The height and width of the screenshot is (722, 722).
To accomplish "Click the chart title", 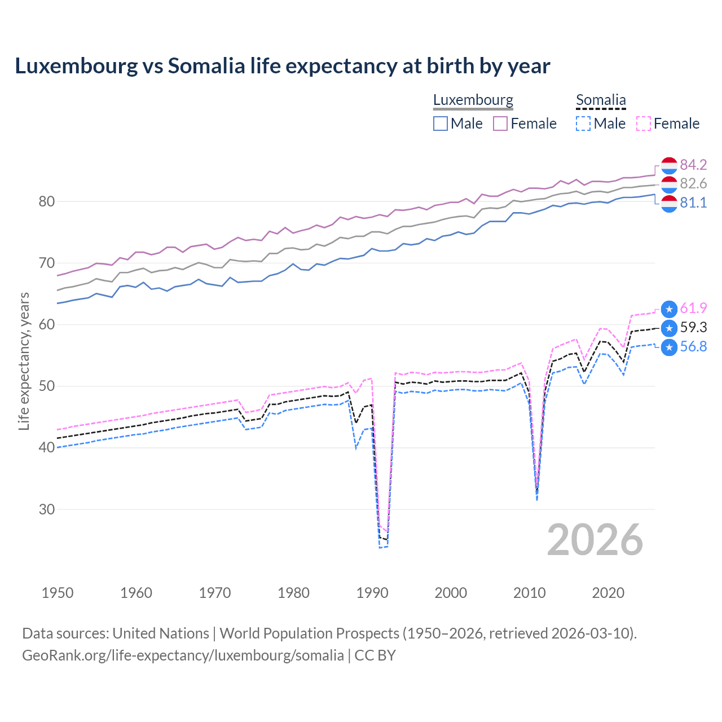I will (282, 66).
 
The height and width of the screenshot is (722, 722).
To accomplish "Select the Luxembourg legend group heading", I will (473, 100).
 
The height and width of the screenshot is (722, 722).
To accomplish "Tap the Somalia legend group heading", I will (601, 100).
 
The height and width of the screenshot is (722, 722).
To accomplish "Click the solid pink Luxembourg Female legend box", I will (500, 124).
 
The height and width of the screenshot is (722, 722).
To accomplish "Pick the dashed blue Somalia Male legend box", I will (583, 124).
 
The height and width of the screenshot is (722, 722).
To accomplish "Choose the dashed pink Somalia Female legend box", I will (644, 124).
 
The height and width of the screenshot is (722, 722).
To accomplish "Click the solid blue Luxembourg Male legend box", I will (441, 124).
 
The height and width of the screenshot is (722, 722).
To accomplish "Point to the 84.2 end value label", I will (693, 165).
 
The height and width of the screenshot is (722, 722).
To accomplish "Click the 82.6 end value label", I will (693, 183).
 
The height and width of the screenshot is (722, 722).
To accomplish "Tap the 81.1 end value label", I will (693, 202).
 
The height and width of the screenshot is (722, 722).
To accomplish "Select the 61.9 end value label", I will (693, 308).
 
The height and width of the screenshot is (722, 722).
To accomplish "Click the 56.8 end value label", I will (693, 346).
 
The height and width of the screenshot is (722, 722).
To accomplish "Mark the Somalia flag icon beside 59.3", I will (669, 328).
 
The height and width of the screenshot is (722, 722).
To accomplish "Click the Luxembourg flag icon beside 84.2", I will (669, 165).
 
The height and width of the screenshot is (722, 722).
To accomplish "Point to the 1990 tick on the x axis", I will (372, 593).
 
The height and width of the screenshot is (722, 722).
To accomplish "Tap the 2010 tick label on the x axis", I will (529, 593).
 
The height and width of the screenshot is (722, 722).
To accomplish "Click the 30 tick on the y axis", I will (46, 509).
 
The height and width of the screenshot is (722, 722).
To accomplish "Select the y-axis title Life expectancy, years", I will (24, 361).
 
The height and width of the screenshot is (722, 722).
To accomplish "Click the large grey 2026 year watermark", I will (595, 540).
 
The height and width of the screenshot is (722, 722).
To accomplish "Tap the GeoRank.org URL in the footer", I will (183, 655).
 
